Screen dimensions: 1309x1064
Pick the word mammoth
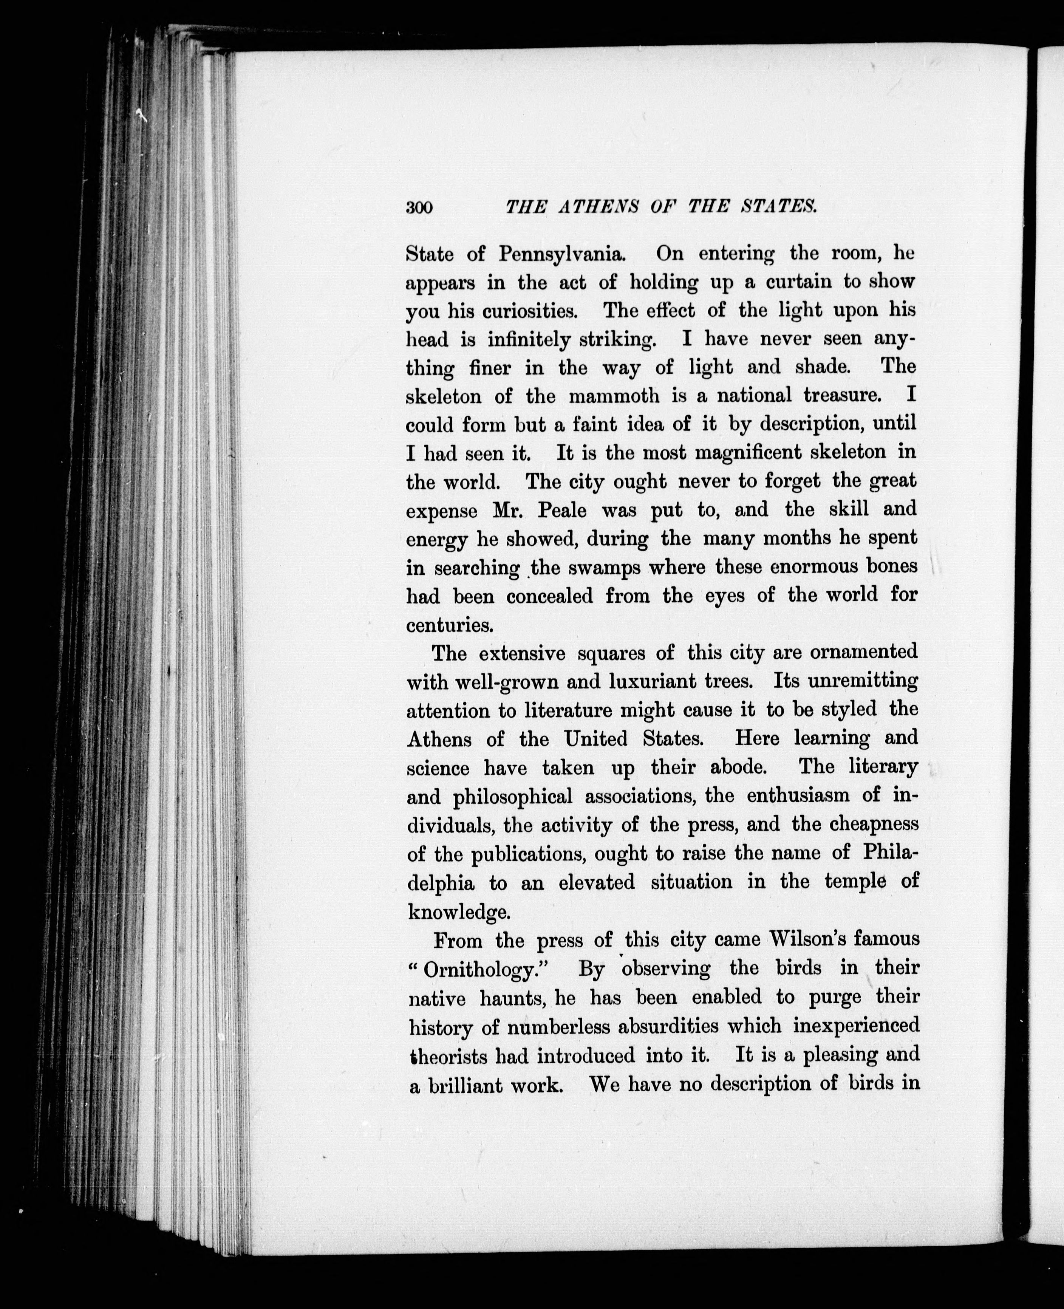[614, 396]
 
